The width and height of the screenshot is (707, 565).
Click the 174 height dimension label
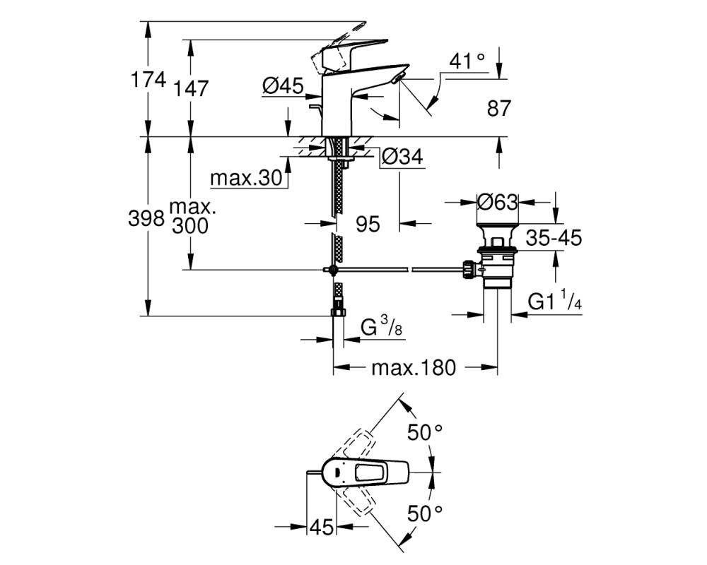pyautogui.click(x=148, y=81)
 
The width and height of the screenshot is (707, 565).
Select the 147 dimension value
pyautogui.click(x=191, y=89)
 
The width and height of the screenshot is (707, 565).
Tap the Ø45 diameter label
pyautogui.click(x=284, y=85)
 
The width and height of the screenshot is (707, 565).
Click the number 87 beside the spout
pyautogui.click(x=499, y=109)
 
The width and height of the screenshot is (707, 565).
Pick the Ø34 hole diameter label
pyautogui.click(x=402, y=157)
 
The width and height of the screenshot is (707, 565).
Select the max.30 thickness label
pyautogui.click(x=246, y=178)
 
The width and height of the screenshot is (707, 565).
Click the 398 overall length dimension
pyautogui.click(x=146, y=219)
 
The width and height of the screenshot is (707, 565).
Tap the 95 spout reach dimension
pyautogui.click(x=368, y=224)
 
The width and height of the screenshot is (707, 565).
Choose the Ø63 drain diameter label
pyautogui.click(x=497, y=202)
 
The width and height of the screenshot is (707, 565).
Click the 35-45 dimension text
pyautogui.click(x=554, y=237)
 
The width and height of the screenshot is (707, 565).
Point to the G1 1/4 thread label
pyautogui.click(x=554, y=300)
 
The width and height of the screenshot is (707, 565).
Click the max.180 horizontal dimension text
pyautogui.click(x=414, y=368)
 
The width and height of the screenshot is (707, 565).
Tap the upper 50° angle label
pyautogui.click(x=425, y=433)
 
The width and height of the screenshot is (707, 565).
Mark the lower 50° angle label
pyautogui.click(x=425, y=513)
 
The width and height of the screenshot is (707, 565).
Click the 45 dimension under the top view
pyautogui.click(x=322, y=527)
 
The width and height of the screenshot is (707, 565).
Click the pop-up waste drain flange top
pyautogui.click(x=498, y=225)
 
